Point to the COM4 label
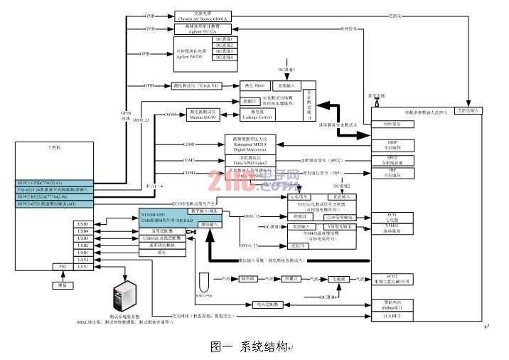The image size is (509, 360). point(170,114)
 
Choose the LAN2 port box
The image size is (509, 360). point(83,259)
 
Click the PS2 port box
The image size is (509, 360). point(63,266)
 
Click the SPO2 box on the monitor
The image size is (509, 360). point(392,159)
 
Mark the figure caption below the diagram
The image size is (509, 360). point(252,347)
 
